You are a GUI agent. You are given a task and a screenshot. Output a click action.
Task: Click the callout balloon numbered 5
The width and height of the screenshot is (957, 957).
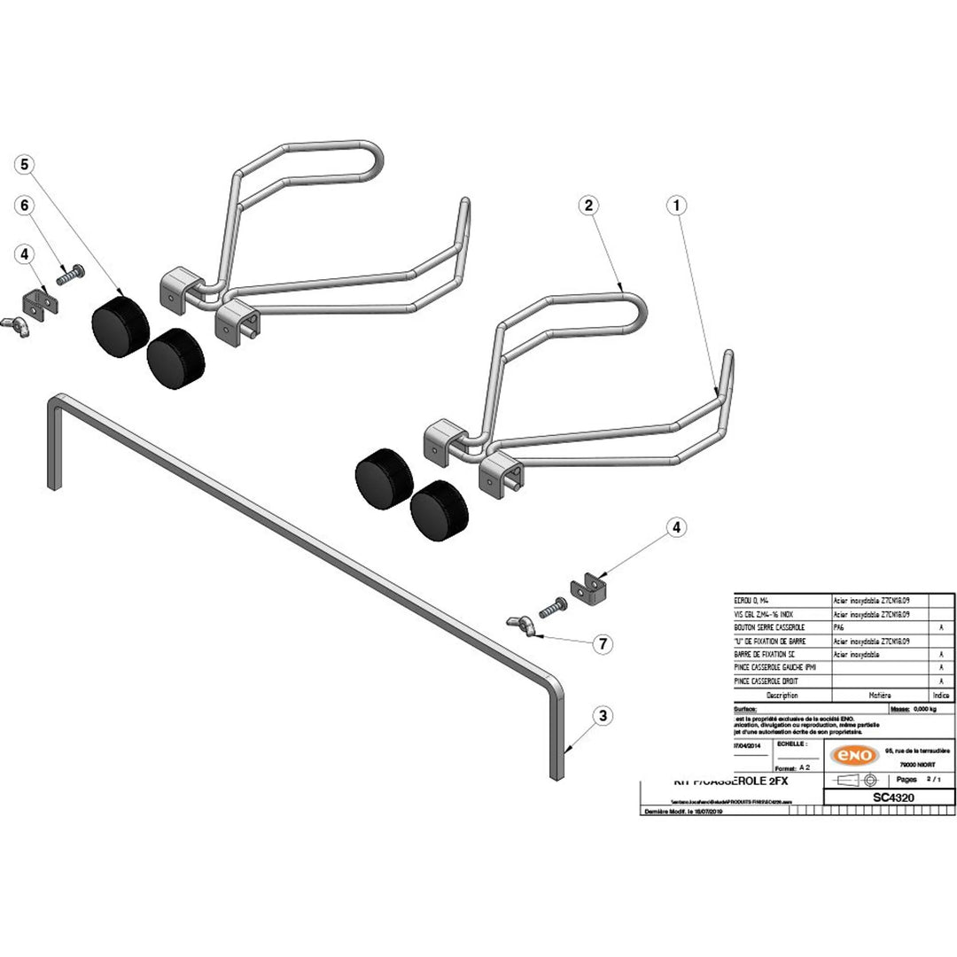(x=25, y=164)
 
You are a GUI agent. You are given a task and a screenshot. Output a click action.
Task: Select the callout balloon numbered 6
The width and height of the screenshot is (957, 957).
(x=25, y=205)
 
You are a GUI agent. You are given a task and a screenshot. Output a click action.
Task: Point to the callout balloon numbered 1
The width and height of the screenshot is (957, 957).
(x=676, y=205)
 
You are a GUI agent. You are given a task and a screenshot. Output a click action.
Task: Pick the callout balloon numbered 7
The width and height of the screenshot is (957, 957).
(x=603, y=644)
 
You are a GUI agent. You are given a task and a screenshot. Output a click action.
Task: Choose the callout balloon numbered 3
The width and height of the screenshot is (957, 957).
(x=603, y=715)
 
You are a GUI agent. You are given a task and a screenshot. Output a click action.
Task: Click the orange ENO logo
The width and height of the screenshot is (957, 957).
(x=853, y=755)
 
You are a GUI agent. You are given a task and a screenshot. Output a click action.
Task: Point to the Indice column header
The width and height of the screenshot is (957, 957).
(x=941, y=696)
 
